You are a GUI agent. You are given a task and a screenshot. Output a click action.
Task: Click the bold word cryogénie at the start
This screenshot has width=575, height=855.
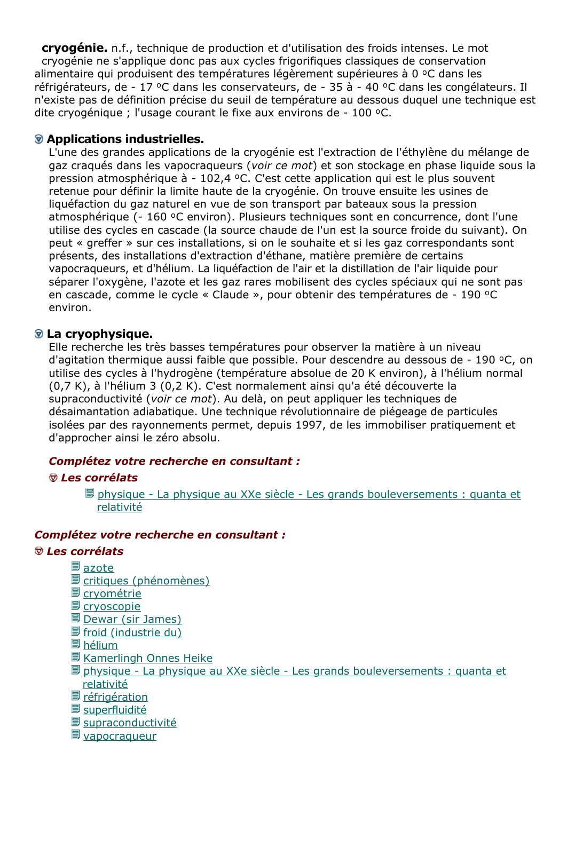click(x=74, y=48)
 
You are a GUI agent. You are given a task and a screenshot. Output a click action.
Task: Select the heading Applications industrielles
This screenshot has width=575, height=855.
click(x=125, y=139)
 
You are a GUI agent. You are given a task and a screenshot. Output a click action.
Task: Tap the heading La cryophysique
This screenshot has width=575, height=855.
click(x=99, y=334)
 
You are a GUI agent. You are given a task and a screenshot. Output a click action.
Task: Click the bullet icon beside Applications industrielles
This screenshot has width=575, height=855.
click(x=39, y=139)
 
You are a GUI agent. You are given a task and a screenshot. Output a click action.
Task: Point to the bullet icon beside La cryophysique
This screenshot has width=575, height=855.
click(x=39, y=334)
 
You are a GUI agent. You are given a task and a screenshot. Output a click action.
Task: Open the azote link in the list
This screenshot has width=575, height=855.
click(x=98, y=568)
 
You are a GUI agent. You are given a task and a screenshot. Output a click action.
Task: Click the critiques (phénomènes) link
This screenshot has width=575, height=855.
click(x=146, y=581)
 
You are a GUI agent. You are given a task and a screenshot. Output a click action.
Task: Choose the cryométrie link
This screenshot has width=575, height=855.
click(x=112, y=593)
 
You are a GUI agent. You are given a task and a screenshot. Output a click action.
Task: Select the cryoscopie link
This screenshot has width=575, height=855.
click(x=112, y=606)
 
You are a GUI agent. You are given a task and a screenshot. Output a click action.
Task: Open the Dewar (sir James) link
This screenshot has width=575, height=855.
click(x=132, y=619)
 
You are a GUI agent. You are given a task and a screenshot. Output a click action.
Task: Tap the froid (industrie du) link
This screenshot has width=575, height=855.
click(x=132, y=632)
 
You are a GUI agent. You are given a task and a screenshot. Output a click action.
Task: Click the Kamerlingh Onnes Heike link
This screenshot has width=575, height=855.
click(x=147, y=658)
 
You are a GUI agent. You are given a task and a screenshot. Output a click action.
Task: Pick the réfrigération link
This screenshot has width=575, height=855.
click(x=115, y=697)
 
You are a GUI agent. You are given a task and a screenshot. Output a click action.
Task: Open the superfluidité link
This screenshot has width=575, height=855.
click(x=115, y=710)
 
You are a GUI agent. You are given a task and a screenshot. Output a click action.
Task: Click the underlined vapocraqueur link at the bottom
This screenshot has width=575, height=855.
click(x=120, y=736)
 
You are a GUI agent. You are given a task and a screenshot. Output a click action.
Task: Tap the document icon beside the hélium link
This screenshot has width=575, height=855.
click(x=75, y=645)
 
